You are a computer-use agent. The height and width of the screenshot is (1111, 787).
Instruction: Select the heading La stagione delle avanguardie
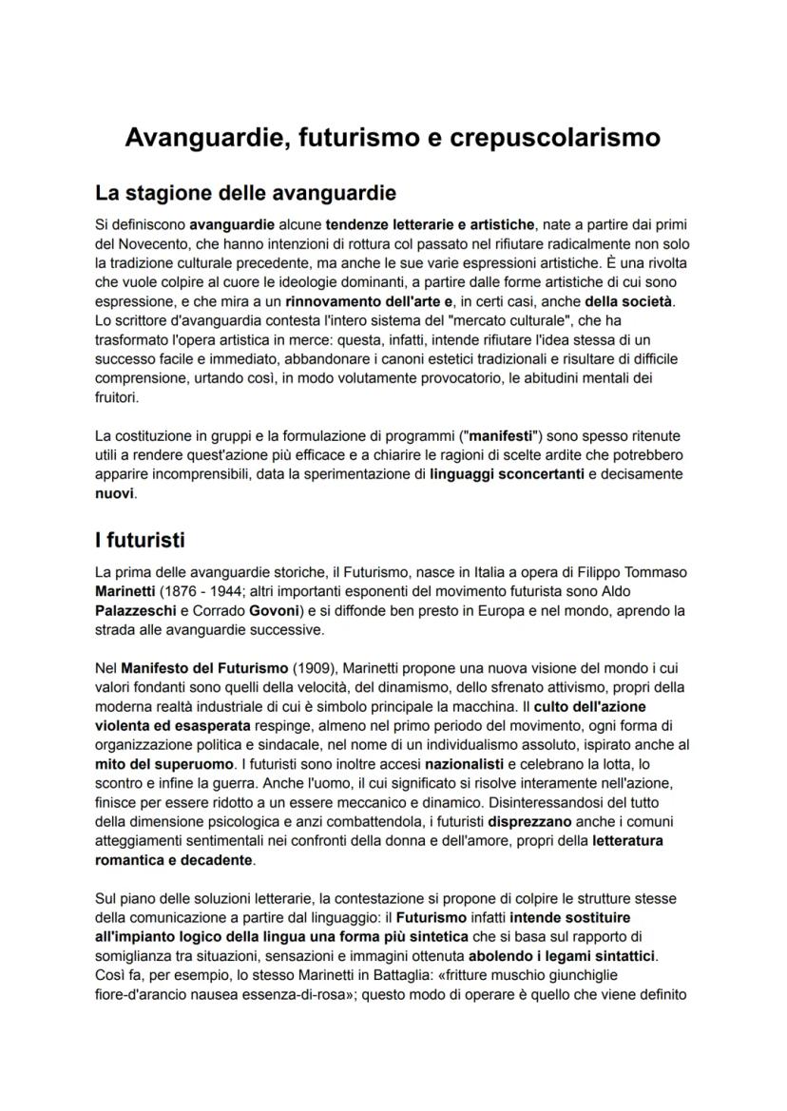coord(245,194)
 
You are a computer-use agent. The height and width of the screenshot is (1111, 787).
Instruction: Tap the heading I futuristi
coord(140,540)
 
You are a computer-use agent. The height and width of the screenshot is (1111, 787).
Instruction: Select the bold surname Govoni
coord(276,611)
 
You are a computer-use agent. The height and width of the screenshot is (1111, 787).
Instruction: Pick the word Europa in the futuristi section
coord(487,611)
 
